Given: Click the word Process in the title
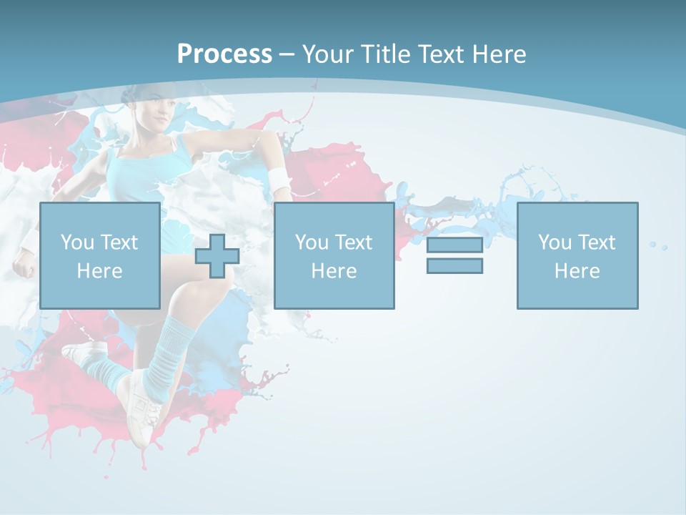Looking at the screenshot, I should point(224,54).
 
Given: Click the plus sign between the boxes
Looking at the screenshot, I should point(217,256).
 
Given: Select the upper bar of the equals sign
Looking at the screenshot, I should point(454,245).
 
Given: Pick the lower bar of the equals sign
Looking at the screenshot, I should point(454,266).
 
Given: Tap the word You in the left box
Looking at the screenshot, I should point(77,242).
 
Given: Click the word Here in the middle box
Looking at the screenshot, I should point(334,271).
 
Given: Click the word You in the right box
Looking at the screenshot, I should point(555,242).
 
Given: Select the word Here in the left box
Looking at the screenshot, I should point(99,271).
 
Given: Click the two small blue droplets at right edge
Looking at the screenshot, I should point(658,246).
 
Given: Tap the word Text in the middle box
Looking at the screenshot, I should point(354,242).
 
